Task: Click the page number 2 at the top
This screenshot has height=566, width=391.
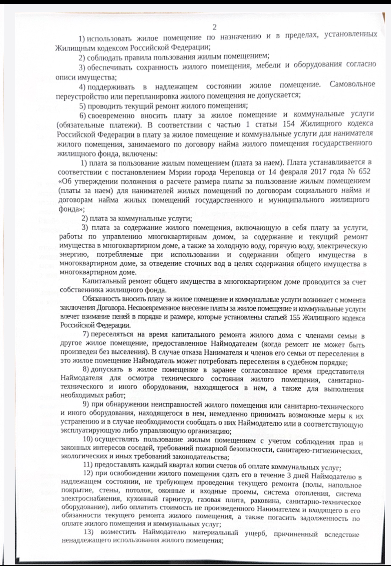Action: (215, 28)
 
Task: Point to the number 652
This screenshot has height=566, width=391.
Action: (364, 171)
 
